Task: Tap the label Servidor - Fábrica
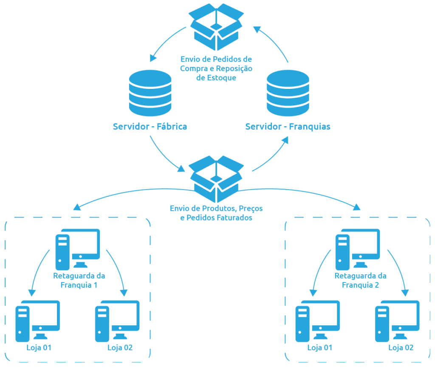click(x=150, y=127)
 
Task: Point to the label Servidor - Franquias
click(x=288, y=127)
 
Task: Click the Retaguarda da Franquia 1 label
click(x=79, y=280)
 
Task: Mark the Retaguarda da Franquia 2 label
click(x=361, y=280)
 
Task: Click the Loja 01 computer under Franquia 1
click(x=38, y=321)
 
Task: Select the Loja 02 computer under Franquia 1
click(x=117, y=321)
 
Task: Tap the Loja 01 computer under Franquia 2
click(x=317, y=321)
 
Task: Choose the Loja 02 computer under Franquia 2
click(x=397, y=321)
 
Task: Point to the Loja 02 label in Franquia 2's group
click(x=401, y=348)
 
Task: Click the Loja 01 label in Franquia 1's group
click(x=39, y=348)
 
